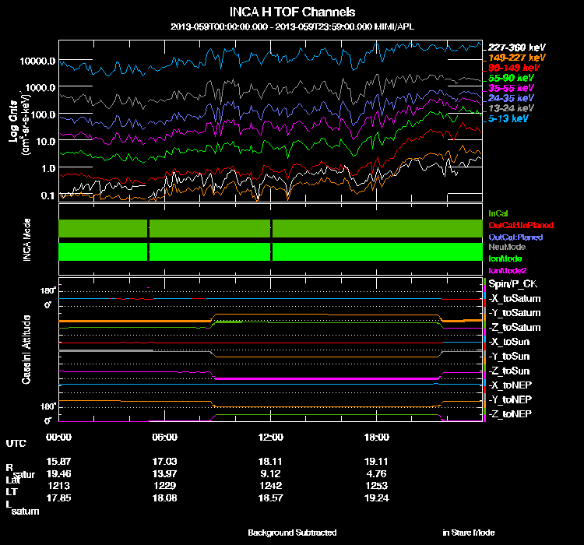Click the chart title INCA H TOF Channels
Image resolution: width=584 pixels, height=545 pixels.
pos(292,12)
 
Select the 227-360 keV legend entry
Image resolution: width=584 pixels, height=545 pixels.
pos(516,47)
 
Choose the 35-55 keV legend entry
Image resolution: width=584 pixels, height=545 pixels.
pos(511,89)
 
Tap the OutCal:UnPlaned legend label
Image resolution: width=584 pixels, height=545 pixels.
pos(515,224)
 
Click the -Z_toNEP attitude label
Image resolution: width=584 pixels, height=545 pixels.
pos(510,413)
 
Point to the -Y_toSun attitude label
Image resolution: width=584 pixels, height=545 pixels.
pos(509,356)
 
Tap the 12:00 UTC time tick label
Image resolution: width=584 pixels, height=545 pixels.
pos(269,437)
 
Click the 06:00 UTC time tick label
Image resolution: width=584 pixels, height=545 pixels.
pos(165,437)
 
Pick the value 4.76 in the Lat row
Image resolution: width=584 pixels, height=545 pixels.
pos(377,472)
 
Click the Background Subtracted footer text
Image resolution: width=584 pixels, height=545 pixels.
pos(292,533)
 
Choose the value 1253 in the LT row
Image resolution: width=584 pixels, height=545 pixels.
pos(377,484)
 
